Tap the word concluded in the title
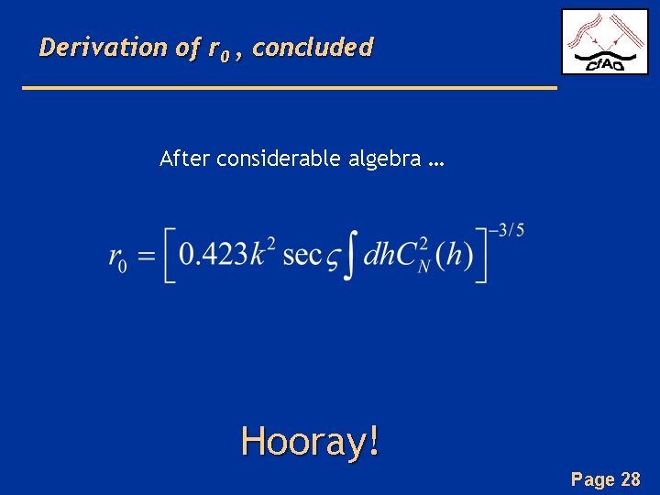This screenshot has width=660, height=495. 313,47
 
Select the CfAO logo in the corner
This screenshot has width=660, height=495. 604,42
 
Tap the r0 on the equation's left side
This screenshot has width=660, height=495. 117,258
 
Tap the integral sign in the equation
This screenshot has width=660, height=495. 347,255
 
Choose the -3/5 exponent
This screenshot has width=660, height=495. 506,230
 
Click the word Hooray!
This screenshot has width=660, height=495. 310,442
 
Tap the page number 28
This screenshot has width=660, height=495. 630,478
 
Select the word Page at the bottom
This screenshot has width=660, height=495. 592,478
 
